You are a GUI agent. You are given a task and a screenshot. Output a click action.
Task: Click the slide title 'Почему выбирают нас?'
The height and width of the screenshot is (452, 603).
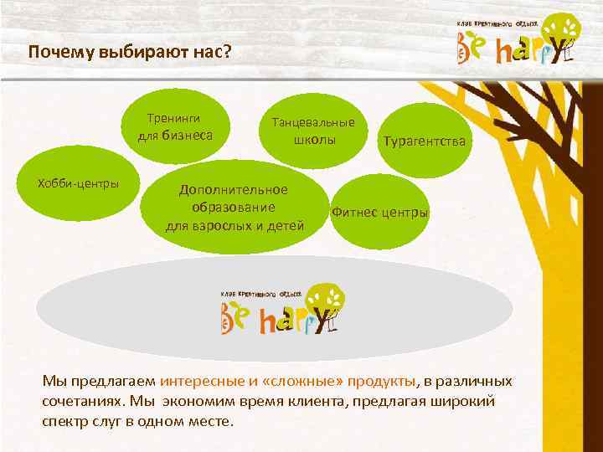point(128,52)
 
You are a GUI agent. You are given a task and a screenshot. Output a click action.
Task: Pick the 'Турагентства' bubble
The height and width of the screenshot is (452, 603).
point(424,141)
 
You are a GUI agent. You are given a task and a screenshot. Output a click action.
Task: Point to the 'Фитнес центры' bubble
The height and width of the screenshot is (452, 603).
point(380,213)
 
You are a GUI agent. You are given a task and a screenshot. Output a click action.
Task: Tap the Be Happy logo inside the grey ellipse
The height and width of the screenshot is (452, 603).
point(283,310)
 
